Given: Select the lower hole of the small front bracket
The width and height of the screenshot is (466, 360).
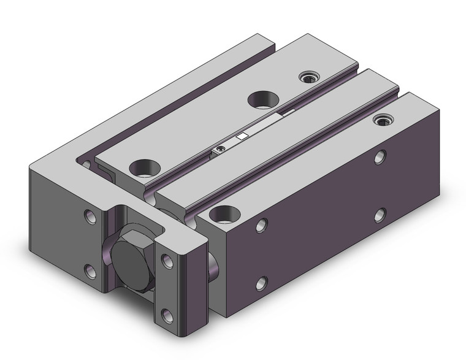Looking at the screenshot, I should click(x=166, y=315).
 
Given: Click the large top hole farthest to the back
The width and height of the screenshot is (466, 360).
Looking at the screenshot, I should click(x=262, y=98).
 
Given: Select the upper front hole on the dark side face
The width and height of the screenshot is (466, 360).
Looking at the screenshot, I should click(x=262, y=225).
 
